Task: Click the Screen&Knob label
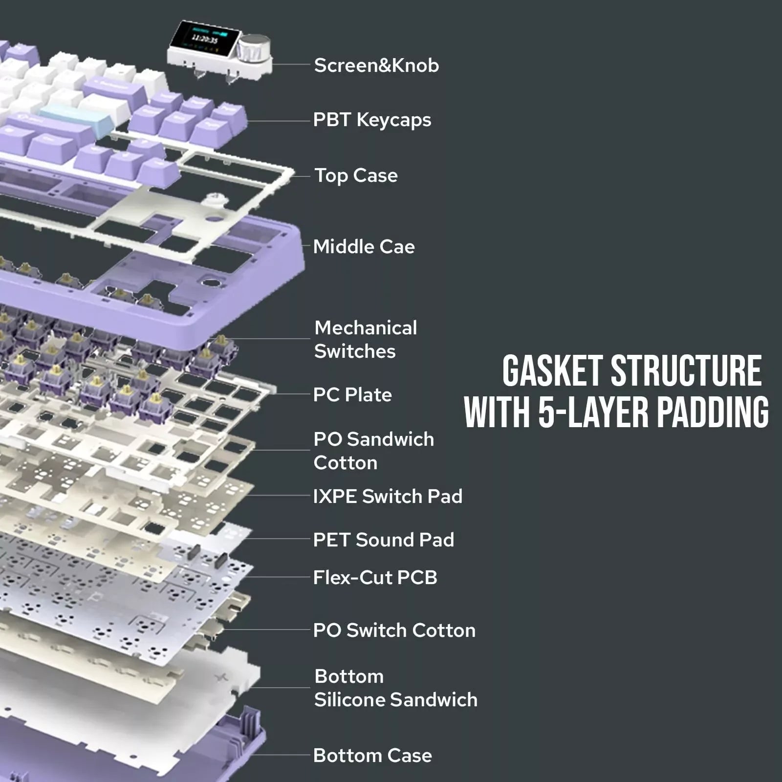[x=376, y=65]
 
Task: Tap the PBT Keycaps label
[x=372, y=120]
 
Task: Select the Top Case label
[x=356, y=176]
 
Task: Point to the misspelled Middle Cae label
[x=364, y=247]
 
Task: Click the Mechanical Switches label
[x=365, y=340]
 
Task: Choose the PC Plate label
[x=352, y=395]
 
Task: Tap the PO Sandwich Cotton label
[x=373, y=451]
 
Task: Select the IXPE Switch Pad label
[x=388, y=497]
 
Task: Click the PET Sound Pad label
[x=384, y=540]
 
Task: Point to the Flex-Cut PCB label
[x=375, y=578]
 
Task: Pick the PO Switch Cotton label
[x=394, y=630]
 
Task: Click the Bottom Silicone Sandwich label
[x=395, y=688]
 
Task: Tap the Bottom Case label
[x=372, y=756]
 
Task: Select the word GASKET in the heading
[x=552, y=371]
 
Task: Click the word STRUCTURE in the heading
[x=686, y=371]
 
